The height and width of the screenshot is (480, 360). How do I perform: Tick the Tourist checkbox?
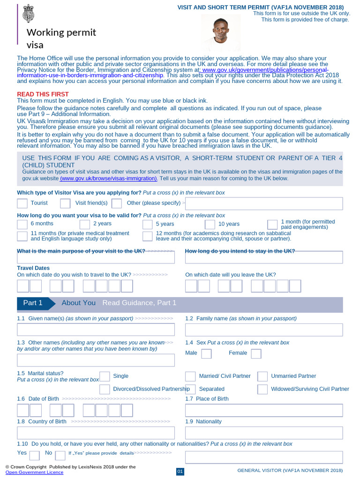tap(22, 203)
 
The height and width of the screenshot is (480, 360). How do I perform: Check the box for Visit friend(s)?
tap(66, 203)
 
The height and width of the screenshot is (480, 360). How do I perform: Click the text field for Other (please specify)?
tap(264, 203)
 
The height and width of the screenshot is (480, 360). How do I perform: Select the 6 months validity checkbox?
tap(22, 224)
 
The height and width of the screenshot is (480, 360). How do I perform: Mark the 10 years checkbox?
tap(210, 224)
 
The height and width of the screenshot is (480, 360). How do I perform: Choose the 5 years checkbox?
tap(147, 224)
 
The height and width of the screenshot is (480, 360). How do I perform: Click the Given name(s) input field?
tap(96, 330)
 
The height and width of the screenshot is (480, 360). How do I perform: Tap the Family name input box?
tap(264, 330)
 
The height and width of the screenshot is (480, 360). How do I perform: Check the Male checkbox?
tap(206, 353)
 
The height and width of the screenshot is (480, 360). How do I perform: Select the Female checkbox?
tap(256, 353)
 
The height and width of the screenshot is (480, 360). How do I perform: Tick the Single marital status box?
tap(105, 376)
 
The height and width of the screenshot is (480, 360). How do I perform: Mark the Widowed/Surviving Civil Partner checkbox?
tap(262, 389)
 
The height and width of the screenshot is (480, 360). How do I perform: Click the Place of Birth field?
tap(264, 410)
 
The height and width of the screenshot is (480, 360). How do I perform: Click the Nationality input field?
tap(264, 433)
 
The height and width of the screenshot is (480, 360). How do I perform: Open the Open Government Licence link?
tap(34, 472)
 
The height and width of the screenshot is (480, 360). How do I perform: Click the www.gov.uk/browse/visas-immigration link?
tap(108, 179)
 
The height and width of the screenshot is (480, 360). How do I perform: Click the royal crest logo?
tap(28, 13)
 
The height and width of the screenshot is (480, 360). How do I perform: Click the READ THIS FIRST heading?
tap(43, 94)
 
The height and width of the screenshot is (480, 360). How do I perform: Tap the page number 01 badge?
tap(180, 471)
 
